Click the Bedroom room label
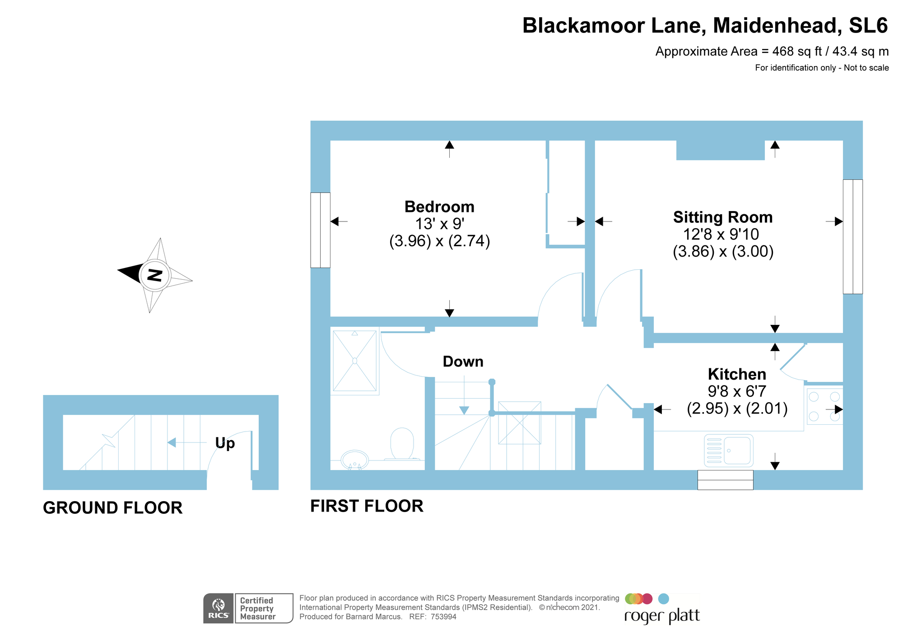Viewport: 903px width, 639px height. (439, 207)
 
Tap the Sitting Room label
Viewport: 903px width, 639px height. (723, 217)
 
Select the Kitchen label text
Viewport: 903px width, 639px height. (737, 374)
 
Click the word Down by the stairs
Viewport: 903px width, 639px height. (463, 362)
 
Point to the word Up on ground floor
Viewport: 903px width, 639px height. (225, 443)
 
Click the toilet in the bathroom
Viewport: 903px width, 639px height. (402, 444)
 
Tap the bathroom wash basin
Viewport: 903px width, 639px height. (355, 460)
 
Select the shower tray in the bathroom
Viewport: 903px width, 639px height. (354, 361)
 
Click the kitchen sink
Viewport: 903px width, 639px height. (729, 451)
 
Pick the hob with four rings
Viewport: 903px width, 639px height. (824, 406)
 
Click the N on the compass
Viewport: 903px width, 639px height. (155, 275)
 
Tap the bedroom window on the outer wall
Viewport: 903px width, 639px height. (320, 230)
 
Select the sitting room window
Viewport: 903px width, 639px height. (852, 237)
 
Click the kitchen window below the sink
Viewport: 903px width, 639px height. (725, 480)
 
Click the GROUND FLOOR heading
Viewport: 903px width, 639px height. (112, 508)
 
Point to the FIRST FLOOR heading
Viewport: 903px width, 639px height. (367, 506)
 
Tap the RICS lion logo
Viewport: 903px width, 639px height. (219, 608)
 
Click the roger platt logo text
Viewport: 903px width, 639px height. (662, 616)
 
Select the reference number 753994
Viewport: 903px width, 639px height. (443, 617)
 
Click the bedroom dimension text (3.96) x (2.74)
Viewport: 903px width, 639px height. (439, 241)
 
